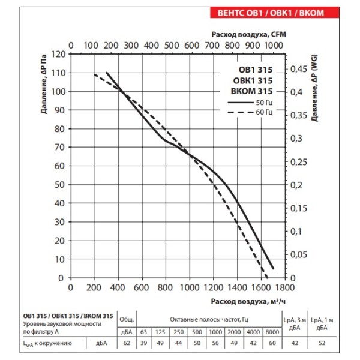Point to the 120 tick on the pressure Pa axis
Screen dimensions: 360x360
coord(58,53)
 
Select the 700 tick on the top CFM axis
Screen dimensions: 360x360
coord(211,45)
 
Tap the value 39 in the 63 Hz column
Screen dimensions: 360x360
coord(143,343)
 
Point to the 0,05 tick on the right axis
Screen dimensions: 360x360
coord(298,255)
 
